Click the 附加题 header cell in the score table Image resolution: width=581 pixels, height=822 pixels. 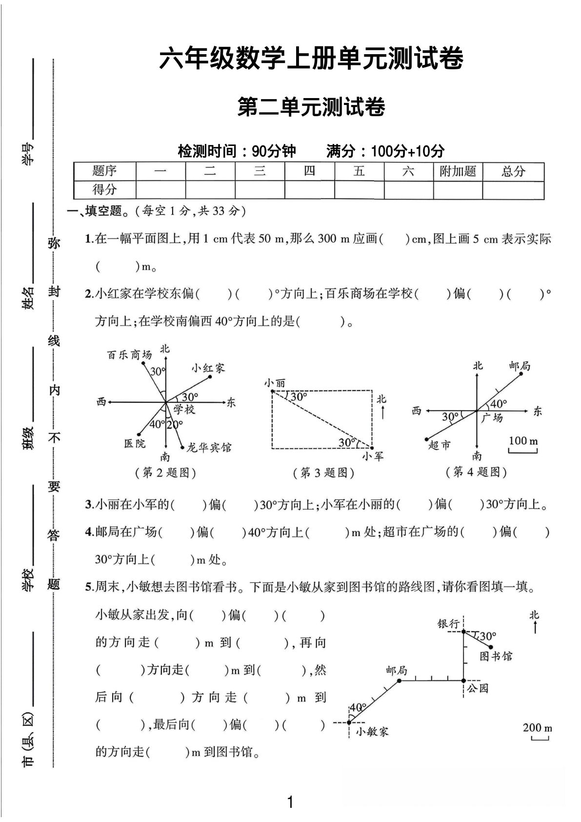458,171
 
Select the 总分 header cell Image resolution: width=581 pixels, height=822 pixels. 513,171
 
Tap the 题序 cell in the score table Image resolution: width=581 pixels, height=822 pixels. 104,171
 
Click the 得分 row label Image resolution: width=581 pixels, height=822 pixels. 104,189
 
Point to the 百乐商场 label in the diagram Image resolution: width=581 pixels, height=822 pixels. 129,355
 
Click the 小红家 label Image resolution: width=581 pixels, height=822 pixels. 208,368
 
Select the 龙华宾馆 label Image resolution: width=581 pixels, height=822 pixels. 209,447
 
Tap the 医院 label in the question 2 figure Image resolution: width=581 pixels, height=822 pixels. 135,443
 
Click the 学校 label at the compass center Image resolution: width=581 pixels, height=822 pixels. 184,409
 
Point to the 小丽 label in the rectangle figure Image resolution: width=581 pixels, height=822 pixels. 275,383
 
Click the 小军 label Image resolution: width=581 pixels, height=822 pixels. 373,456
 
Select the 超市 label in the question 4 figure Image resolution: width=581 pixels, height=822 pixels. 440,445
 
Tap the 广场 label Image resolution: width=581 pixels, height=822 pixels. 492,418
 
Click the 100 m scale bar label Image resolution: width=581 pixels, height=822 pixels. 523,441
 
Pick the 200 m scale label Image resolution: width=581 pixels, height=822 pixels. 538,728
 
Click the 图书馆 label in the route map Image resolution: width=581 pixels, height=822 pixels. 496,656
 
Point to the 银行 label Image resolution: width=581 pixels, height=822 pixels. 448,623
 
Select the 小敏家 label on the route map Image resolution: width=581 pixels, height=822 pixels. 372,731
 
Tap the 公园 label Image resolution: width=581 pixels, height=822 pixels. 478,688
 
